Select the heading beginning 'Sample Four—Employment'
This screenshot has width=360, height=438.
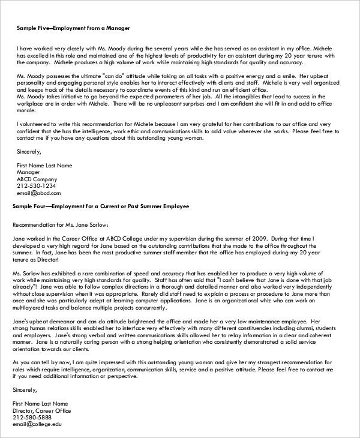100,206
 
